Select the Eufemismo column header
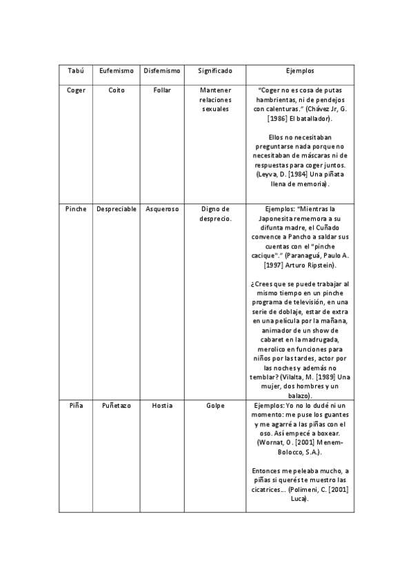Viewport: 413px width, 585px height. coord(117,71)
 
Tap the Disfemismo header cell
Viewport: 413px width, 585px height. coord(162,71)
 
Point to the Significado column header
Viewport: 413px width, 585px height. coord(215,71)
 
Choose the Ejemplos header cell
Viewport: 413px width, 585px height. coord(299,71)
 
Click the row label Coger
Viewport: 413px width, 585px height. coord(76,90)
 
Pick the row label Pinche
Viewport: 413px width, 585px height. coord(76,209)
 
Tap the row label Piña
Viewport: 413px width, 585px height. coord(76,406)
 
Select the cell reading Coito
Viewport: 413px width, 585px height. coord(117,90)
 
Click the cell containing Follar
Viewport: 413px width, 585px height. coord(162,90)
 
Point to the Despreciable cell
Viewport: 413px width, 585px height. coord(117,209)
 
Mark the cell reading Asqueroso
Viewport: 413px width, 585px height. coord(162,209)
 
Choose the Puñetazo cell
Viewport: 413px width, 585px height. coord(117,406)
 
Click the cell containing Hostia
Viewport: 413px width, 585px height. coord(162,406)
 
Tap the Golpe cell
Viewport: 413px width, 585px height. coord(215,406)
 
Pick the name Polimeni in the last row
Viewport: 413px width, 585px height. coord(307,489)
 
